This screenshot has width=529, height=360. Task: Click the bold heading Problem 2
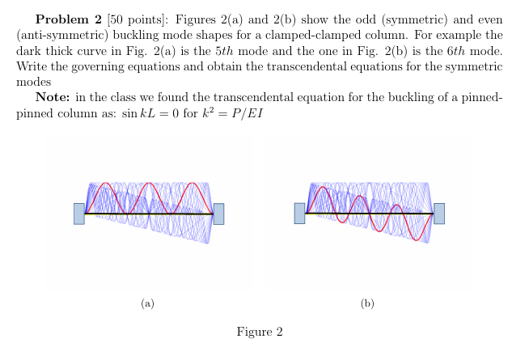[69, 18]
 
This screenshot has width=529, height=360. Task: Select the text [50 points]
[128, 18]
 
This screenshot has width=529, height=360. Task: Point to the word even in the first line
[491, 18]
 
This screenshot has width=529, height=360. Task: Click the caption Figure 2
[260, 332]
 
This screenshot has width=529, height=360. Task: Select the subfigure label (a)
[146, 303]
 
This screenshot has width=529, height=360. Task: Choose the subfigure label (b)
[367, 303]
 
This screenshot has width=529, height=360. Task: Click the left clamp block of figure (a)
[79, 214]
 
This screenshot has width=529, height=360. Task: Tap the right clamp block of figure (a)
[218, 214]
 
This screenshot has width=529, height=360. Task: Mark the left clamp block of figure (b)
[300, 214]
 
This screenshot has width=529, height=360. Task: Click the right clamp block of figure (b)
[439, 214]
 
